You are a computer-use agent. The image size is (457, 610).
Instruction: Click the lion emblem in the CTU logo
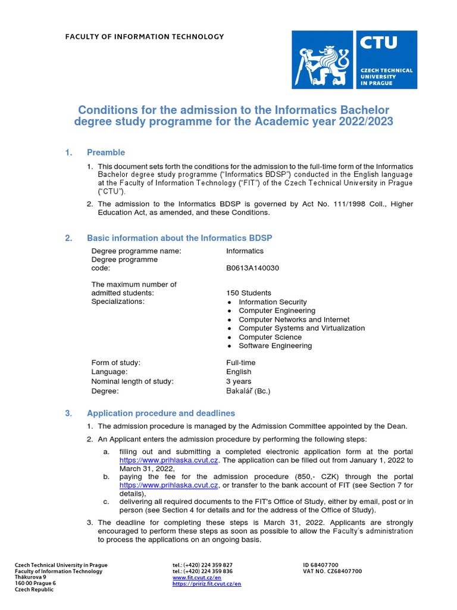click(x=324, y=60)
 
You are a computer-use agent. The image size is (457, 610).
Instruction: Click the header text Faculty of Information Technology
click(x=145, y=37)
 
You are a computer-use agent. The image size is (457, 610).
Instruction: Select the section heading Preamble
click(x=106, y=152)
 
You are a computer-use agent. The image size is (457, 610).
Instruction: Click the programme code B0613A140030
click(x=252, y=268)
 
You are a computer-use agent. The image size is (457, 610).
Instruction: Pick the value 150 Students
click(x=249, y=293)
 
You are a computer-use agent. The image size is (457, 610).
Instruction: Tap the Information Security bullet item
click(x=273, y=302)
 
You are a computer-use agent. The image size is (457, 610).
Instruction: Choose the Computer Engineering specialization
click(x=277, y=311)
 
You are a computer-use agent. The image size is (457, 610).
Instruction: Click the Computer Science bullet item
click(x=270, y=337)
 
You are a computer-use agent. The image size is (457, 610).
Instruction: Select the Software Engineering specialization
click(x=275, y=346)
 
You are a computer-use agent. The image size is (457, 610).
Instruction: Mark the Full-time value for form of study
click(x=241, y=363)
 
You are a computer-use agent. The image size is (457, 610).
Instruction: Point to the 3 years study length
click(x=239, y=381)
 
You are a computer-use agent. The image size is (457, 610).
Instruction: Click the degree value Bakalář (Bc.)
click(x=248, y=391)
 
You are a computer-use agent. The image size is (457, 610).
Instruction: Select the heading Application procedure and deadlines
click(x=161, y=413)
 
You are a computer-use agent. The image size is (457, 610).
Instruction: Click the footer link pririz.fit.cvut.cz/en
click(x=206, y=584)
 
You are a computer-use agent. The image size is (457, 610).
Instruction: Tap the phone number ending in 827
click(x=202, y=565)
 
